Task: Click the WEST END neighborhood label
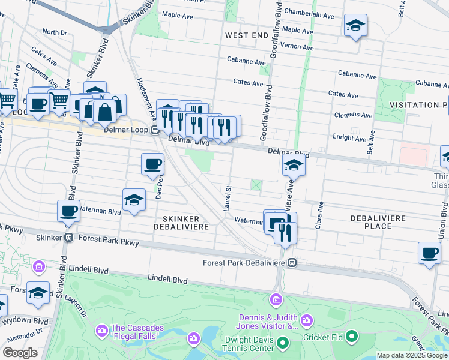(246, 36)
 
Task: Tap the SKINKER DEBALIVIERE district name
(183, 222)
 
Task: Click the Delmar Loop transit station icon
(154, 130)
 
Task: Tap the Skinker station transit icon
(70, 238)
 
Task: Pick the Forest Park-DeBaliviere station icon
(292, 262)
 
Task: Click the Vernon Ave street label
(298, 47)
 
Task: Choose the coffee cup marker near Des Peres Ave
(152, 164)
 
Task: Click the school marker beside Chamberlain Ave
(355, 25)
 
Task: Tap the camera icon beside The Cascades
(101, 331)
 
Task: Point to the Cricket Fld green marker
(352, 337)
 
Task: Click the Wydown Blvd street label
(20, 320)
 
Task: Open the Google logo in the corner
(20, 353)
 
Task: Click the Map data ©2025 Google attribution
(412, 355)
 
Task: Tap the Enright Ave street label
(352, 139)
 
